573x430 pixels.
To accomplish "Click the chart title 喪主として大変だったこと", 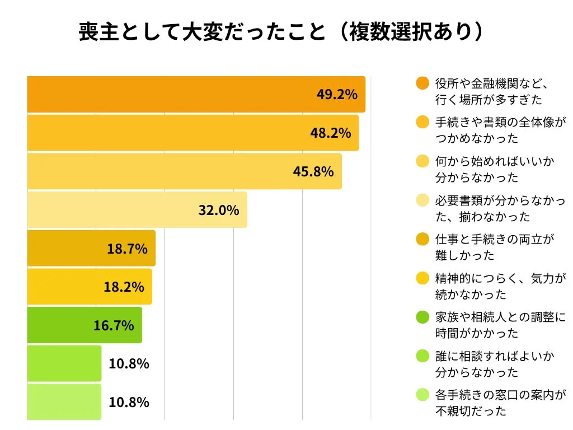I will pyautogui.click(x=201, y=32).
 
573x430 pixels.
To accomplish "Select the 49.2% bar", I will pyautogui.click(x=196, y=94).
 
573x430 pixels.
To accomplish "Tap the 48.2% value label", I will pyautogui.click(x=330, y=133).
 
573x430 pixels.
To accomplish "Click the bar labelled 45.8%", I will pyautogui.click(x=185, y=171).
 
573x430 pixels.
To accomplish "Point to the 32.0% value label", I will pyautogui.click(x=219, y=210).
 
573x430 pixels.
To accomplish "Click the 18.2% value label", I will pyautogui.click(x=124, y=287).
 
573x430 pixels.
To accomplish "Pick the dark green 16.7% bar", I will pyautogui.click(x=84, y=325).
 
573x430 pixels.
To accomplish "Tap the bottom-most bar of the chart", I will pyautogui.click(x=64, y=402).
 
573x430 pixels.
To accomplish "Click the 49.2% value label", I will pyautogui.click(x=337, y=94).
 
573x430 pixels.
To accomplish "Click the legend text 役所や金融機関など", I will pyautogui.click(x=490, y=83).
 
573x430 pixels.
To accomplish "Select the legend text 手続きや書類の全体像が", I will pyautogui.click(x=500, y=122).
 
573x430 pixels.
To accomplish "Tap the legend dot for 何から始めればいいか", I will pyautogui.click(x=423, y=161).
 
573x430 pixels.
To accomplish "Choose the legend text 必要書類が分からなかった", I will pyautogui.click(x=500, y=200).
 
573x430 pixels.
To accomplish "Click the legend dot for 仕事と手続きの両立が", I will pyautogui.click(x=423, y=240).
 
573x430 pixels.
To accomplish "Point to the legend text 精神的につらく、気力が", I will pyautogui.click(x=500, y=278).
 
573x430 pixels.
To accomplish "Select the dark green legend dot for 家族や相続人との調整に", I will pyautogui.click(x=423, y=317).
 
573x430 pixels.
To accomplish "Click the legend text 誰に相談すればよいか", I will pyautogui.click(x=495, y=356).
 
